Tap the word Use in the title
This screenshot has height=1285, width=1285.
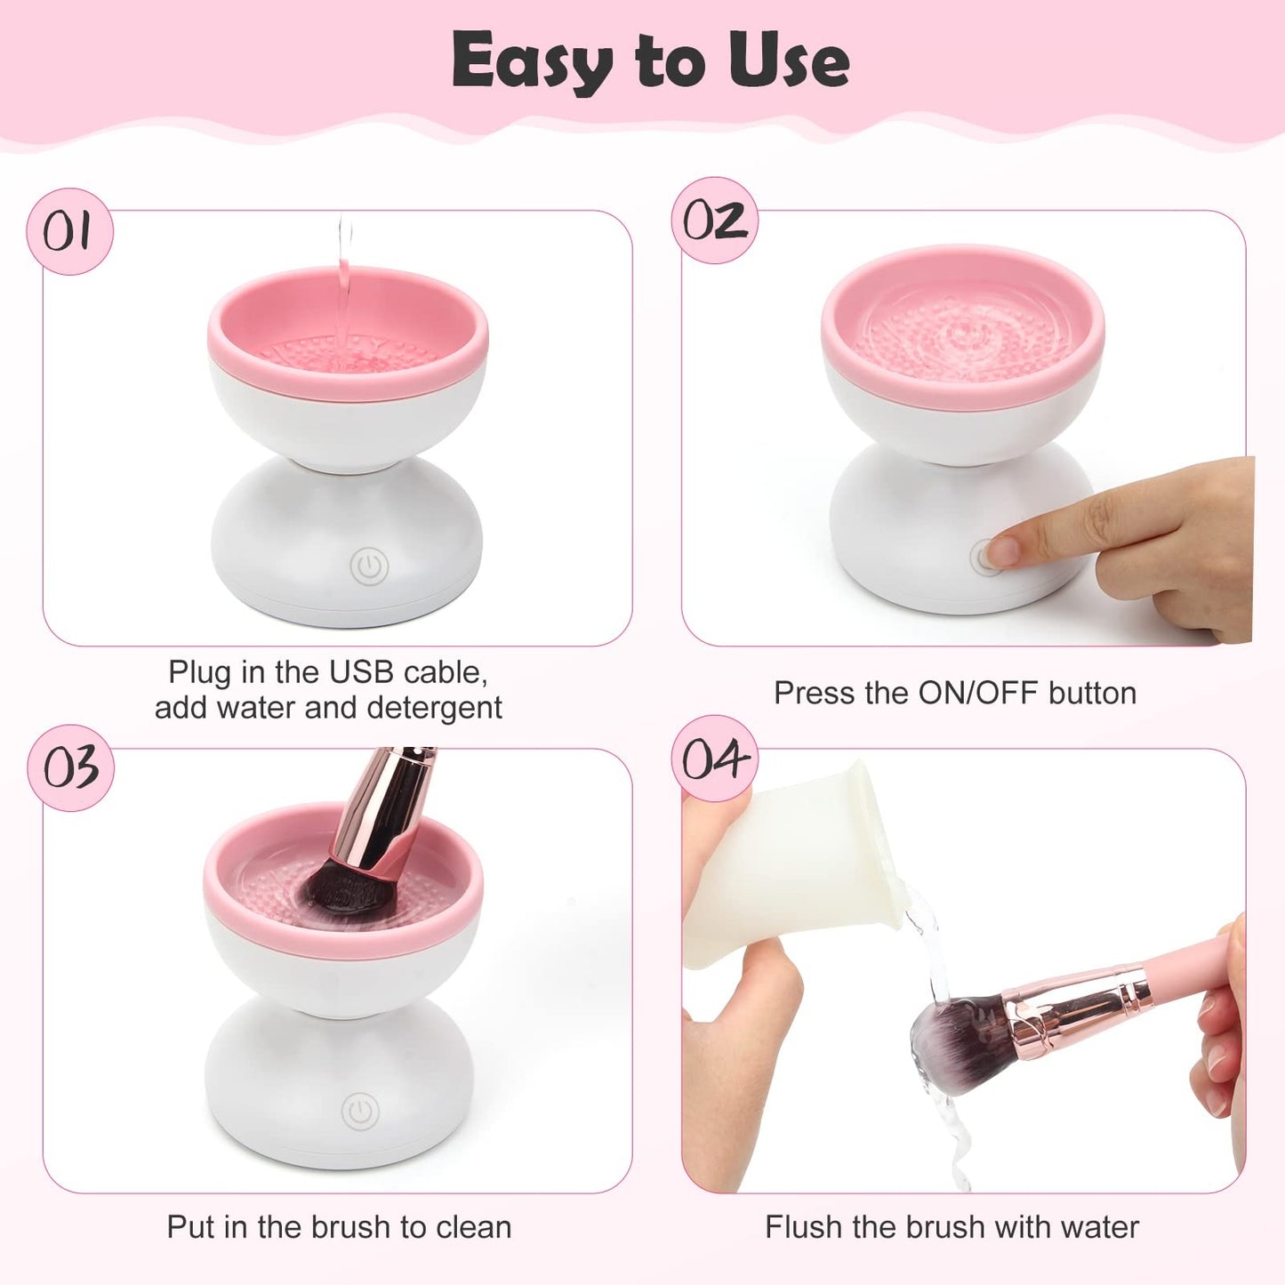[x=788, y=60]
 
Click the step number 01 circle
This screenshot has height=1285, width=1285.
[x=68, y=231]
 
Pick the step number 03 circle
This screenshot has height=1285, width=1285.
[x=70, y=767]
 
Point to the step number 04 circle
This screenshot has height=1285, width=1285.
[x=714, y=759]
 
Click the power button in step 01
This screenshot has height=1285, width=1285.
[x=368, y=566]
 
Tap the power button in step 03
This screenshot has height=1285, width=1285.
[x=360, y=1111]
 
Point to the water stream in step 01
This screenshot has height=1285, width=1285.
[x=345, y=276]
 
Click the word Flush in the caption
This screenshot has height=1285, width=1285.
[x=803, y=1227]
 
